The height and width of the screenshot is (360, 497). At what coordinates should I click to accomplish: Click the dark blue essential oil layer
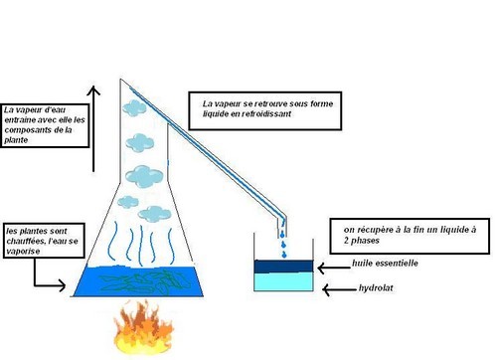[x=287, y=266]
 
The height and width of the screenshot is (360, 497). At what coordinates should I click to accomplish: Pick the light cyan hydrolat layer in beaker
[x=287, y=282]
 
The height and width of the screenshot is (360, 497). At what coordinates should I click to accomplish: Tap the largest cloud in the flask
[x=144, y=175]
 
